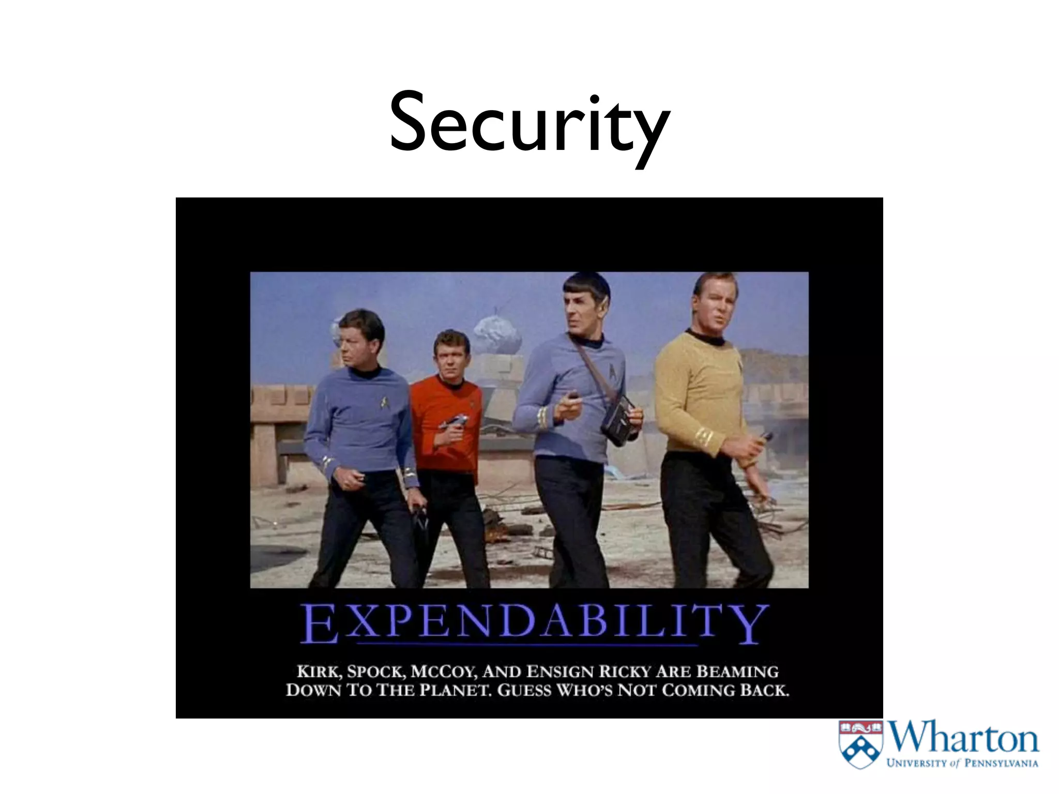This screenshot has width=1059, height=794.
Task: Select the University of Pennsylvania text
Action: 962,763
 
